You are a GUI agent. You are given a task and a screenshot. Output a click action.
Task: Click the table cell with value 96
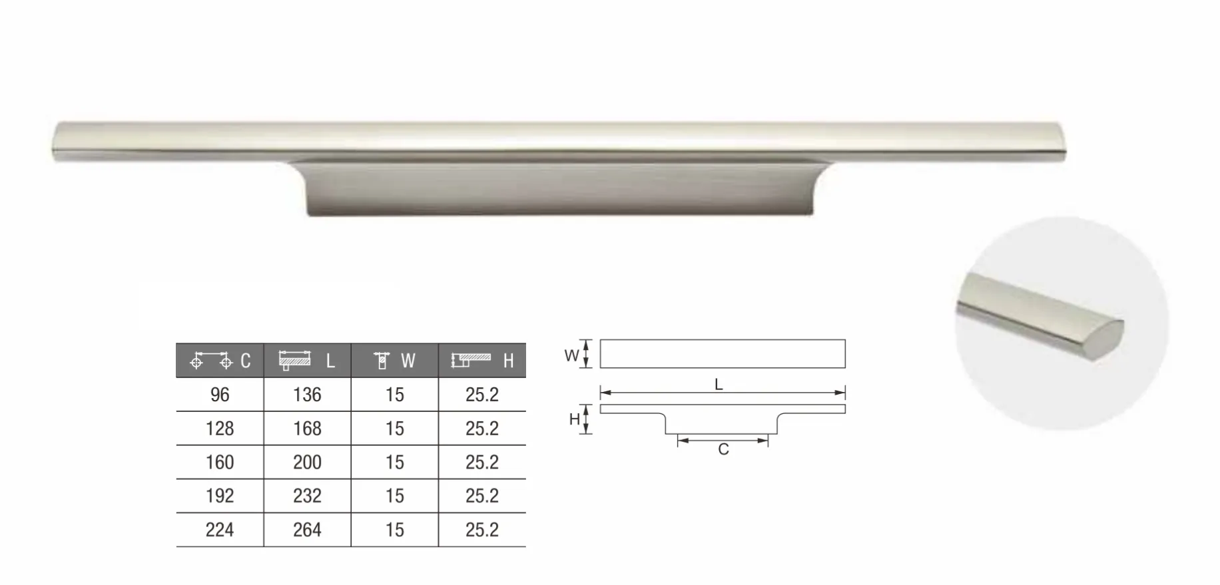[220, 395]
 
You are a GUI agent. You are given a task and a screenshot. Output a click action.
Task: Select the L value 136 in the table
[307, 395]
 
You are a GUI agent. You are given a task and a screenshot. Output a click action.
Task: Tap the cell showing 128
[220, 429]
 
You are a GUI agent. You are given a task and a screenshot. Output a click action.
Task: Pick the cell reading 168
[307, 429]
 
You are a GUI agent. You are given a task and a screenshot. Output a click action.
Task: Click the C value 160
[220, 463]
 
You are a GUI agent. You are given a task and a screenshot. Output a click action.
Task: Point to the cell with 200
[307, 463]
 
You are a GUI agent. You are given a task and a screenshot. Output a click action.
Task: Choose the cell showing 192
[220, 496]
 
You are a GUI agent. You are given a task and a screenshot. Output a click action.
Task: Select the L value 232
[307, 496]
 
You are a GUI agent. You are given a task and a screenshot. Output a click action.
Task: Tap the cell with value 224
[220, 530]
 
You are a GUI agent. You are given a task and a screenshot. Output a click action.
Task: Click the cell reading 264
[307, 530]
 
